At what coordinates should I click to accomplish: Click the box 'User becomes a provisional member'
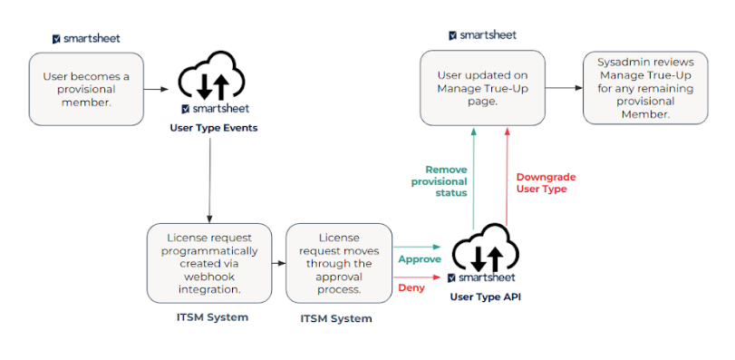coord(87,88)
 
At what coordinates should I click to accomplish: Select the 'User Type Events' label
coord(214,128)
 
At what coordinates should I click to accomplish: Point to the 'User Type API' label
coord(486,297)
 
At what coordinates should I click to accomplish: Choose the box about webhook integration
coord(210,262)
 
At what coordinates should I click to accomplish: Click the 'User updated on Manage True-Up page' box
coord(483,88)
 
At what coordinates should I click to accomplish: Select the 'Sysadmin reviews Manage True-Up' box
coord(644,88)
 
